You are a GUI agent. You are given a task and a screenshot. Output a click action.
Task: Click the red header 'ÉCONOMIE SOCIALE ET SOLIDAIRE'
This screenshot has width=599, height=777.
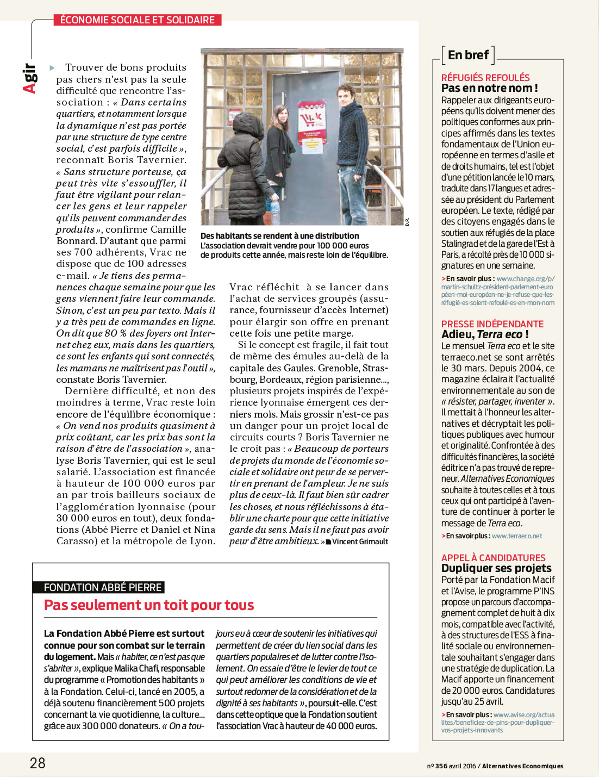138,20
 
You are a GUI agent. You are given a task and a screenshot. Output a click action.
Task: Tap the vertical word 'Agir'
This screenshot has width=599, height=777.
29,78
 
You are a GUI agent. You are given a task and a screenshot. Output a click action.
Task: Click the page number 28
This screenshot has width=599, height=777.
38,763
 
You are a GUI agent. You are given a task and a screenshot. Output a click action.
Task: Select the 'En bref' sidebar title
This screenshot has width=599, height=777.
468,55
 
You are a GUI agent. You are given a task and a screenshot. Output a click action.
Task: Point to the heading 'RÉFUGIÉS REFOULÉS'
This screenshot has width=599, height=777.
485,78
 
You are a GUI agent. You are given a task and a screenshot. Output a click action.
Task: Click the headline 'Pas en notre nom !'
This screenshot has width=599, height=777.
489,88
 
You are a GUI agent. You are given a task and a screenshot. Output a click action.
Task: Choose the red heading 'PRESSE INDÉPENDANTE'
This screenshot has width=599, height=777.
492,324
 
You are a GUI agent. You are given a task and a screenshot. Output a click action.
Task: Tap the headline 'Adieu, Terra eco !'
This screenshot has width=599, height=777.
485,334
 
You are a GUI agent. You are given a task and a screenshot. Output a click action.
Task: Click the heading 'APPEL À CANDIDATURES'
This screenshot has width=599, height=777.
494,558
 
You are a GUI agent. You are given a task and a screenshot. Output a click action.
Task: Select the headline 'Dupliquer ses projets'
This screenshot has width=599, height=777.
496,568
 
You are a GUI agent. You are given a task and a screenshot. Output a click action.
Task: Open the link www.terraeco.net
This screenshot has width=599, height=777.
517,536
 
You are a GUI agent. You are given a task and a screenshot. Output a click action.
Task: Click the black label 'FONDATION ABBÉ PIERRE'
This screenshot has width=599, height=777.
103,587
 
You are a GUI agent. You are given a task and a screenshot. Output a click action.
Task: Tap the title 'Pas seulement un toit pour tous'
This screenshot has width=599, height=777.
149,605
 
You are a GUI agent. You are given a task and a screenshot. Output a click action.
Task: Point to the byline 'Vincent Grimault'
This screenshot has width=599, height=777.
360,542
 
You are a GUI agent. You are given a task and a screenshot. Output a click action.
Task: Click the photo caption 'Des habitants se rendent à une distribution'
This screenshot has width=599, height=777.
280,236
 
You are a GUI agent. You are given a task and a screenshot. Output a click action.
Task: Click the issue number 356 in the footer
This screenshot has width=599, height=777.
441,766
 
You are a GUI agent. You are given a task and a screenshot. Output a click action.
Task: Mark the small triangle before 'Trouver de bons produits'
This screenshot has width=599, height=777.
52,68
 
